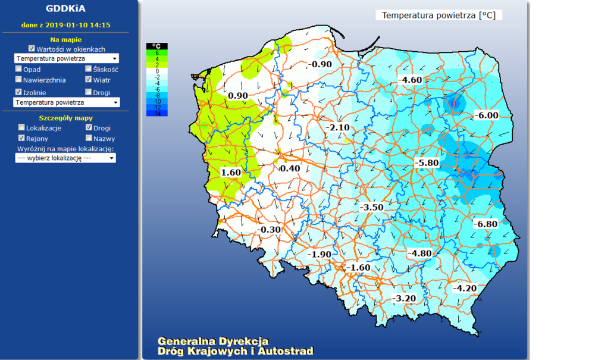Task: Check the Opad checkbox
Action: (19, 69)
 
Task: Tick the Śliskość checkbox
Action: (89, 69)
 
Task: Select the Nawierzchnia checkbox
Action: (19, 79)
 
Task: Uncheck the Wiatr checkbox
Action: (89, 79)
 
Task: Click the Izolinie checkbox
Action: (19, 92)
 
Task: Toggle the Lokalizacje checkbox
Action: (22, 127)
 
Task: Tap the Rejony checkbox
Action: (22, 138)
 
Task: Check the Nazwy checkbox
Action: (89, 138)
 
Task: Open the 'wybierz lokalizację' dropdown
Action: (65, 158)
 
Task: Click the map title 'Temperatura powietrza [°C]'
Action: (439, 15)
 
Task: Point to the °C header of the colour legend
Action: (157, 46)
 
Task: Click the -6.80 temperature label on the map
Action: (485, 224)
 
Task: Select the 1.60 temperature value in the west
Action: (231, 173)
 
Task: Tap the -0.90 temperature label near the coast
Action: (320, 64)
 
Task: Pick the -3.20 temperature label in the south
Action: (404, 298)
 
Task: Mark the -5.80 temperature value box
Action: (427, 163)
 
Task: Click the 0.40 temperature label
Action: (290, 169)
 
